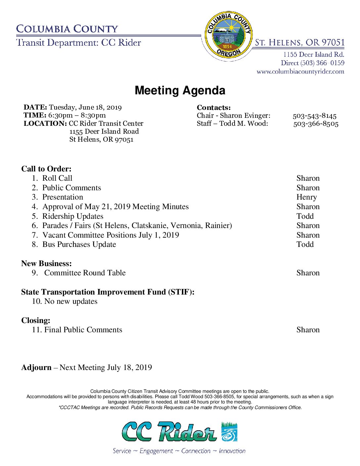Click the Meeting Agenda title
(x=180, y=90)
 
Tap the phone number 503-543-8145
(x=314, y=116)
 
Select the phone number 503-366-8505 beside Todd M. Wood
(x=316, y=124)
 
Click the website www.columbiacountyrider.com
(x=300, y=71)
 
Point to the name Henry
(x=306, y=197)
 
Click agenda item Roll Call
(x=57, y=178)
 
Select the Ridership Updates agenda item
(x=73, y=216)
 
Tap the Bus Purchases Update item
(x=79, y=245)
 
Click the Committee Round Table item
(x=85, y=273)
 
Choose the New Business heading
(x=46, y=263)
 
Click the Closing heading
(x=36, y=320)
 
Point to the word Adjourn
(x=36, y=367)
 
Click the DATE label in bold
(x=35, y=107)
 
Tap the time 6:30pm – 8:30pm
(x=77, y=115)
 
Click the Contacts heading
(x=213, y=108)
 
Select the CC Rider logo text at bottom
(x=169, y=432)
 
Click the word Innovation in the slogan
(x=232, y=451)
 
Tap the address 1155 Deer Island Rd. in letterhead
(x=313, y=55)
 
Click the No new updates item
(x=71, y=302)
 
